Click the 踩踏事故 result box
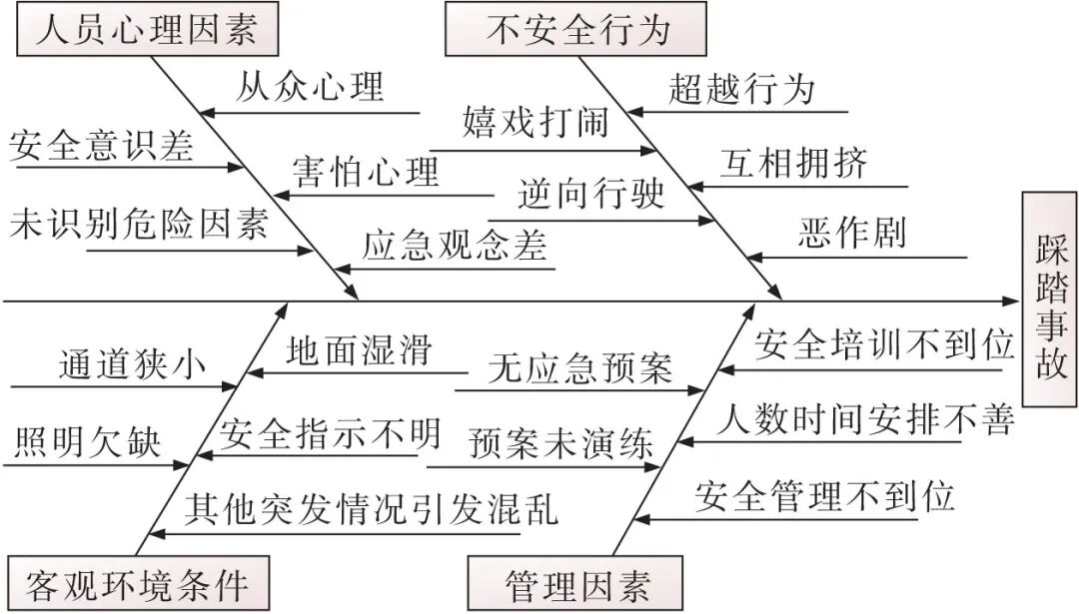1050,307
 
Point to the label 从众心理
310,87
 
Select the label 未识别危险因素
139,226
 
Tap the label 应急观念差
455,246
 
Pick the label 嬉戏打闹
535,124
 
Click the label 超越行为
741,89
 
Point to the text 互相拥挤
793,163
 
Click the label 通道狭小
131,363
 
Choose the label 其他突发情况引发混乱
371,509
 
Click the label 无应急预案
580,368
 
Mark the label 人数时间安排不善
865,420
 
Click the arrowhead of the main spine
1011,300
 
